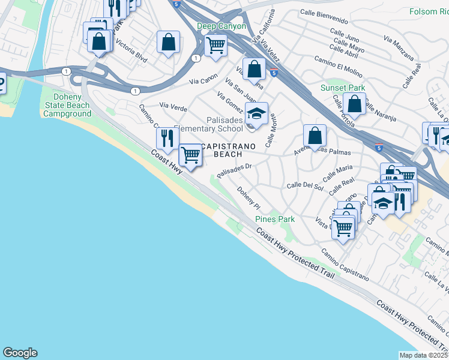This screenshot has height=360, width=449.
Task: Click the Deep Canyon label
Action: (x=221, y=26)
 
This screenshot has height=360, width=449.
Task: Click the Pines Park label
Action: (x=275, y=219)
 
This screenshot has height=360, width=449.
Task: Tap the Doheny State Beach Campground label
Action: (x=67, y=105)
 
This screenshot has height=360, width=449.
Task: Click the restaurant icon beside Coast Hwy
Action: (x=166, y=138)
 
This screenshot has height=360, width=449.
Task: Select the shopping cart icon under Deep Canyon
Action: (x=215, y=44)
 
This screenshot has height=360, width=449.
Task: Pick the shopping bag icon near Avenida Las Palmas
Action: (x=315, y=136)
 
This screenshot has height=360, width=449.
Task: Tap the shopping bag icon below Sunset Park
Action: (x=354, y=103)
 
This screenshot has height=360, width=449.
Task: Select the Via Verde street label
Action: (x=173, y=107)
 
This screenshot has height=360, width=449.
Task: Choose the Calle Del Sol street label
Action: (x=305, y=187)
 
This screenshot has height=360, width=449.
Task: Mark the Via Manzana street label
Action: (x=398, y=47)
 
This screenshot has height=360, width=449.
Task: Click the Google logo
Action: (x=20, y=353)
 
